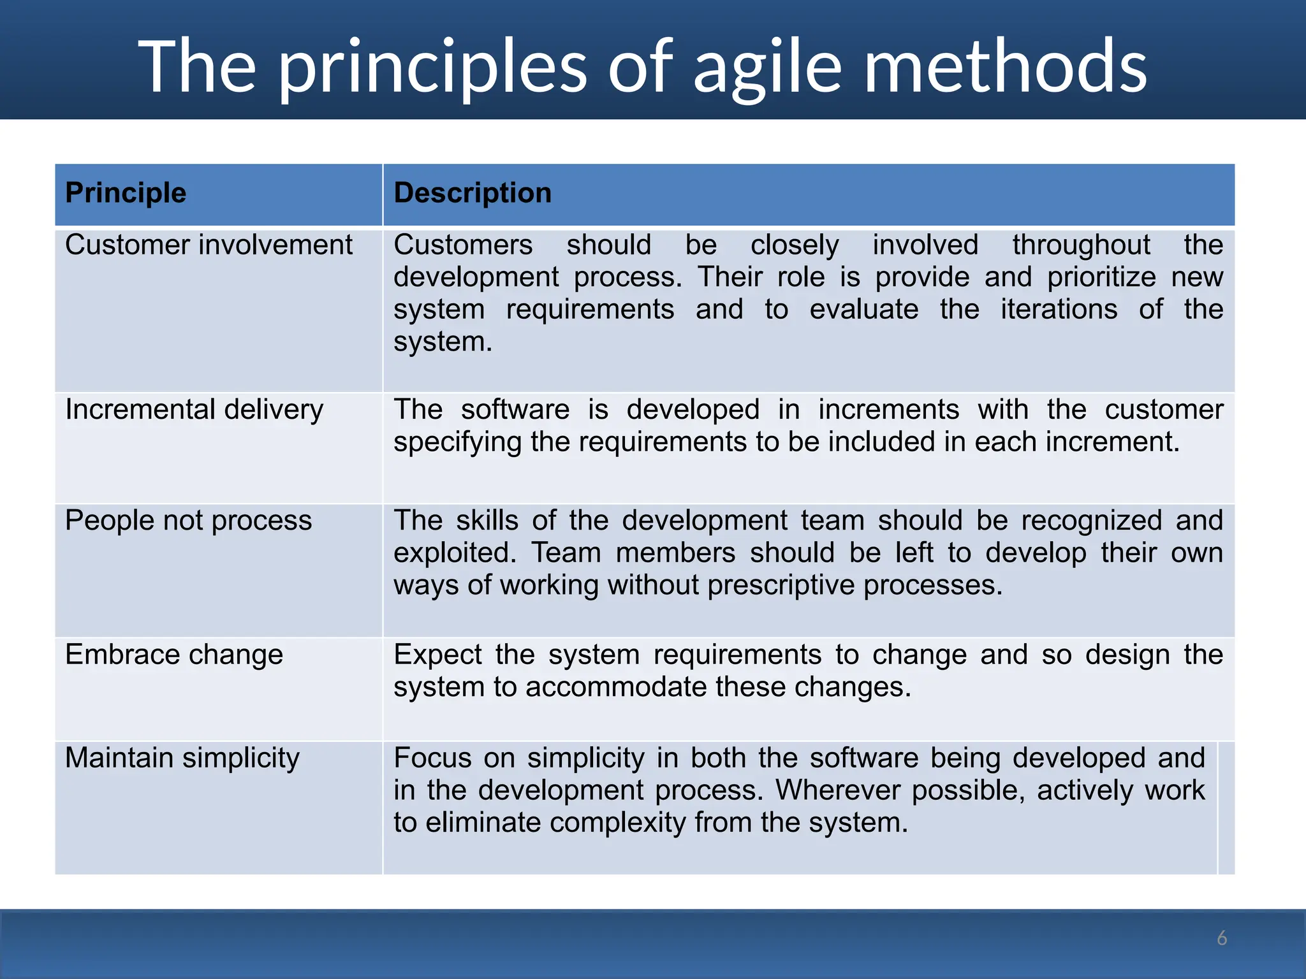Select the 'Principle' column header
[x=126, y=192]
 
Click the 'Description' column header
[x=473, y=192]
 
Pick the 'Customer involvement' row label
[x=209, y=245]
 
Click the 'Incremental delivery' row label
[x=194, y=410]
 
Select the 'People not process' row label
[x=189, y=521]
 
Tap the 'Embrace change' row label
[x=174, y=655]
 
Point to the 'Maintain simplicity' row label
[x=182, y=758]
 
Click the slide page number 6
[x=1222, y=938]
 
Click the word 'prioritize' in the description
[x=1101, y=277]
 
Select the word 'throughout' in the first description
[x=1081, y=245]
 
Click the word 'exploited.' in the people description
[x=455, y=553]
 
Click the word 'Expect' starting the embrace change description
[x=437, y=655]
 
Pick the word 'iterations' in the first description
[x=1059, y=310]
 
